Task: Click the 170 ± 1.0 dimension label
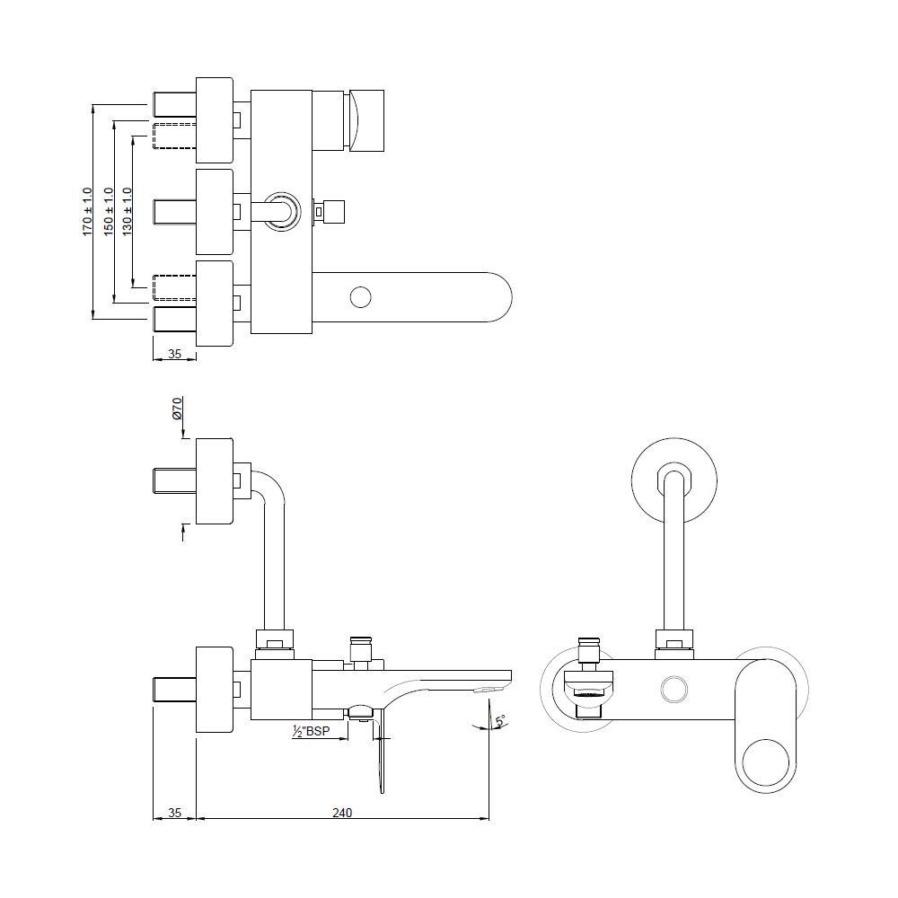click(x=87, y=211)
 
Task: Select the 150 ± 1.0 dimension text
click(x=108, y=211)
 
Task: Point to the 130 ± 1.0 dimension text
click(x=127, y=211)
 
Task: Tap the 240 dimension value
click(x=342, y=813)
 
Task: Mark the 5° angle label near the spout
click(x=499, y=720)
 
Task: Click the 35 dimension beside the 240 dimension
click(x=175, y=813)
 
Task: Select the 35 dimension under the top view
click(x=175, y=354)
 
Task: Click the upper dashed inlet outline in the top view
click(x=174, y=136)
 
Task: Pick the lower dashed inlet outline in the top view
click(x=174, y=287)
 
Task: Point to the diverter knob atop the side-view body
click(x=360, y=648)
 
